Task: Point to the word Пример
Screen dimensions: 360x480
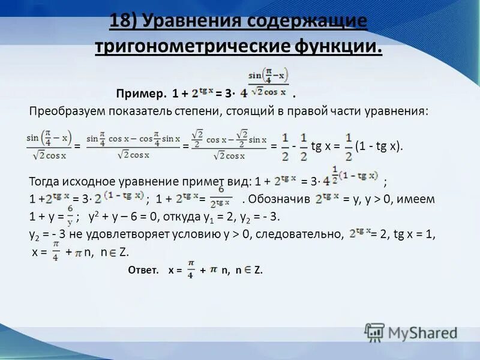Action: (141, 94)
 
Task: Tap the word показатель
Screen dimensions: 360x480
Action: (139, 112)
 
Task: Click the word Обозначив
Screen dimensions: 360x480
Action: (279, 199)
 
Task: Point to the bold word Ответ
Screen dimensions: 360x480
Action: (143, 271)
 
